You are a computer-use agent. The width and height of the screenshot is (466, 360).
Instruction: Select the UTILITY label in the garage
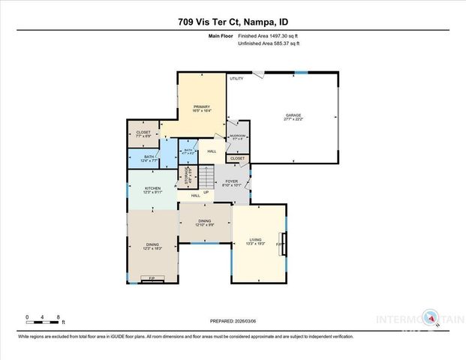pyautogui.click(x=236, y=78)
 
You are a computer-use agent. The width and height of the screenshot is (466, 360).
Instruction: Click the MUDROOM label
pyautogui.click(x=237, y=136)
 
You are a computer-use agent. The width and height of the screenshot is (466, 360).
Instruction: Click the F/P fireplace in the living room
pyautogui.click(x=281, y=245)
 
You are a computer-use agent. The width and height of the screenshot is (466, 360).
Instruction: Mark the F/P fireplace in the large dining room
pyautogui.click(x=152, y=280)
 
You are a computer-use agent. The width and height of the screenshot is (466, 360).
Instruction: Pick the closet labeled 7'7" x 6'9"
pyautogui.click(x=143, y=134)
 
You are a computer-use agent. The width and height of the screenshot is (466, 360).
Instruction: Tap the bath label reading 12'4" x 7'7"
pyautogui.click(x=149, y=158)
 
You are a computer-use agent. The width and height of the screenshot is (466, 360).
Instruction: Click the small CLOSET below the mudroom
pyautogui.click(x=237, y=158)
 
